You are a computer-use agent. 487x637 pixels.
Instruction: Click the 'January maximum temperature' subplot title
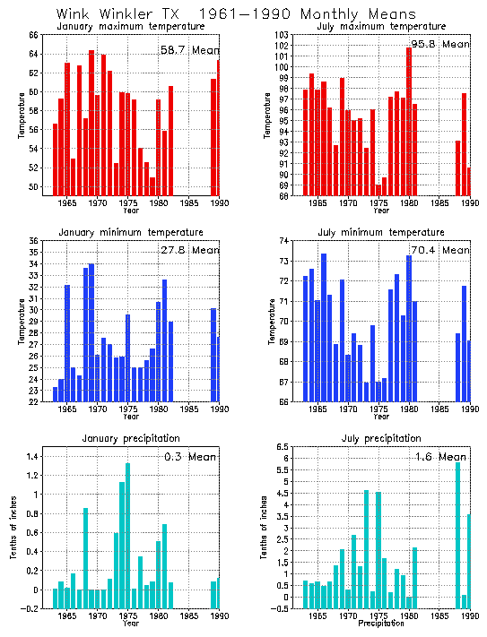[x=132, y=26]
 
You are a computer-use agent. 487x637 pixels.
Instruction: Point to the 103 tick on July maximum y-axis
[x=291, y=35]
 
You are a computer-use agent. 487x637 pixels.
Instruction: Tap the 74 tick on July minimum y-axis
[x=291, y=241]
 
